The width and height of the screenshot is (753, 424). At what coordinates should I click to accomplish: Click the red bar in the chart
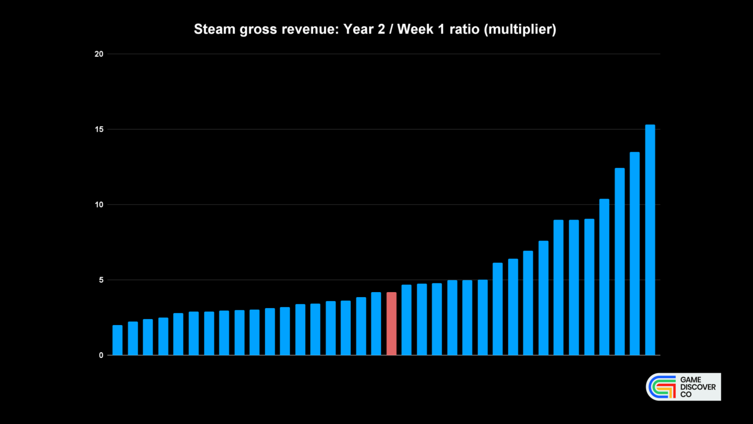(x=391, y=324)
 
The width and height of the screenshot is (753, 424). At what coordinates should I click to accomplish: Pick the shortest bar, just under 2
(x=117, y=340)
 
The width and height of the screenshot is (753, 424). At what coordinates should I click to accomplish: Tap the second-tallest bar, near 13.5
(x=635, y=254)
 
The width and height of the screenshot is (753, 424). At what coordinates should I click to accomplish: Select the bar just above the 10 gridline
(x=604, y=277)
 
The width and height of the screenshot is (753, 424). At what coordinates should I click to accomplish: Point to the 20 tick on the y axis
(x=99, y=54)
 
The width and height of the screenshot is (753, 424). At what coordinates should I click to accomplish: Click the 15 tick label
(x=99, y=130)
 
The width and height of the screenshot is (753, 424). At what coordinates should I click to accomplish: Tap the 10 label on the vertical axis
(x=99, y=205)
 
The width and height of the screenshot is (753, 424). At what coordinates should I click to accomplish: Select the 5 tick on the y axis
(x=101, y=280)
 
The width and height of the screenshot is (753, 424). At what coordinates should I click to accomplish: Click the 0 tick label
(x=101, y=355)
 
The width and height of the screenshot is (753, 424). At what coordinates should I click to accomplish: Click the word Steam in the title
(x=214, y=29)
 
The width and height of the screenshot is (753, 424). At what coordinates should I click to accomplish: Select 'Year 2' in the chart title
(x=364, y=29)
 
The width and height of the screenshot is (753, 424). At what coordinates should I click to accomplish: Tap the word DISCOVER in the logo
(x=698, y=387)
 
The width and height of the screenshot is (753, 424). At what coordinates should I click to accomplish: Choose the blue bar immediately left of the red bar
(x=376, y=324)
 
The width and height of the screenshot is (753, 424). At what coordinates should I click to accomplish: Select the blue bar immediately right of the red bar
(x=406, y=320)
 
